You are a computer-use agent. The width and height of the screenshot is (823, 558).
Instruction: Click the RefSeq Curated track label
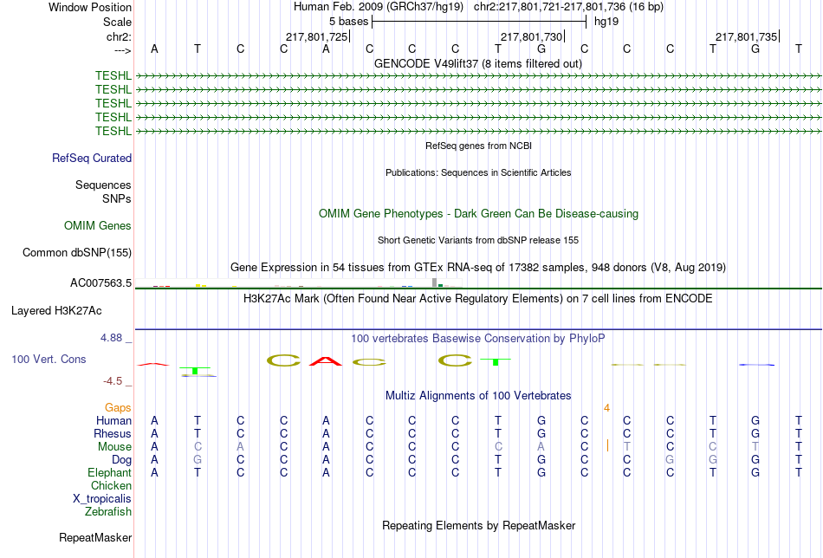click(x=91, y=158)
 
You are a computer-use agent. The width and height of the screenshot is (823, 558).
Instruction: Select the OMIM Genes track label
click(x=98, y=226)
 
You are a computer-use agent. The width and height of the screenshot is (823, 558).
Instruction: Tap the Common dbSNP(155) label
click(x=77, y=252)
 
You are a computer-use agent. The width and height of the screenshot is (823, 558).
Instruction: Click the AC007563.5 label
click(x=100, y=283)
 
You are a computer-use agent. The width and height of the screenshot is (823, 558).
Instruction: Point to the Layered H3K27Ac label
click(x=56, y=311)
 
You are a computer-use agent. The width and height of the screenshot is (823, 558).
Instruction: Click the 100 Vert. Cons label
click(x=49, y=359)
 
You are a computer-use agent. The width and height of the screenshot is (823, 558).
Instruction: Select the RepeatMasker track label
click(x=95, y=537)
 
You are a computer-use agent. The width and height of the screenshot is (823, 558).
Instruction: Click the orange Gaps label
click(x=118, y=408)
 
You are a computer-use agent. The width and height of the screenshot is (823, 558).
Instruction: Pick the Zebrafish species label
click(x=108, y=511)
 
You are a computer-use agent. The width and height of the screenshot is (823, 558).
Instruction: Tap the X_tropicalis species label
click(x=102, y=499)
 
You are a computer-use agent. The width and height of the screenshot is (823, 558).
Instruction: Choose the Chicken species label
click(x=111, y=485)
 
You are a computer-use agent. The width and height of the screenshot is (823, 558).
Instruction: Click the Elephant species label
click(x=110, y=472)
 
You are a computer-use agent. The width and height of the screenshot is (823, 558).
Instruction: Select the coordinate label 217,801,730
click(x=532, y=36)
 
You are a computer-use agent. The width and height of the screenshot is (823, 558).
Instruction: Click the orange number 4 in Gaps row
click(x=606, y=408)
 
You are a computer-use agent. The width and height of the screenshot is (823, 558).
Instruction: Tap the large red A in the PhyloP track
click(x=326, y=361)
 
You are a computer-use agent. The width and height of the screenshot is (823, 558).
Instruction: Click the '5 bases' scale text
click(x=348, y=22)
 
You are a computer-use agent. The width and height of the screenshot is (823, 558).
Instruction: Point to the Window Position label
click(x=90, y=7)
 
